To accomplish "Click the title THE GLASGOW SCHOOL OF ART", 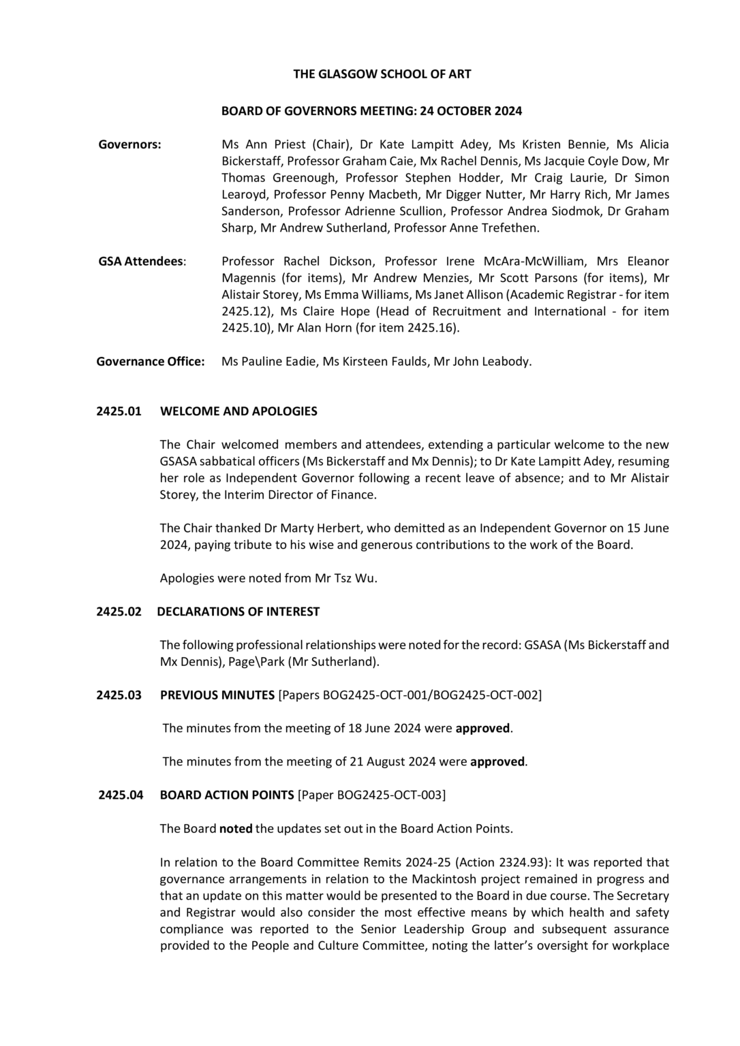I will point(382,74).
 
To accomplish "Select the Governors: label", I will point(130,144).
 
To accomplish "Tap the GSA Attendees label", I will point(142,261).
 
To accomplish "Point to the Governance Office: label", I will point(151,362).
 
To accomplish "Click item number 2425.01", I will point(119,411).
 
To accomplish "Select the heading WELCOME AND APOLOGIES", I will point(238,411).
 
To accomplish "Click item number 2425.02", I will point(119,612).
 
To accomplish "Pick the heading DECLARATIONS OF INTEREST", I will point(238,612).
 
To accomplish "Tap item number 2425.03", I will point(119,695).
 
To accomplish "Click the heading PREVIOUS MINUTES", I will point(217,695).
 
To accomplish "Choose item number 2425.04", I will point(121,795).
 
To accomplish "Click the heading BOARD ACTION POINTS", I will point(227,795).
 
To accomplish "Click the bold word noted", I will point(236,829).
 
